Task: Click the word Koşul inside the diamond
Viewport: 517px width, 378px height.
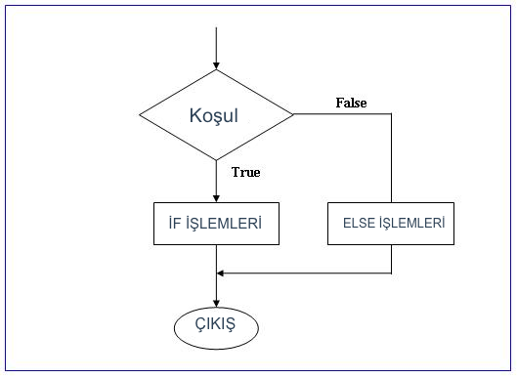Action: [x=213, y=115]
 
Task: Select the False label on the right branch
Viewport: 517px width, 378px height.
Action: [x=351, y=103]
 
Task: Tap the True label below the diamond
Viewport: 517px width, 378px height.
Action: [x=245, y=173]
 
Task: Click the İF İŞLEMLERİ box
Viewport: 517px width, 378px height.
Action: [x=216, y=223]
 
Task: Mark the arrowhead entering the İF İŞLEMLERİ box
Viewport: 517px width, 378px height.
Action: [x=216, y=196]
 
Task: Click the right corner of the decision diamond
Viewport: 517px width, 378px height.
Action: [x=293, y=115]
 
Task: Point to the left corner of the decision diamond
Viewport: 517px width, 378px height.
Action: [x=140, y=115]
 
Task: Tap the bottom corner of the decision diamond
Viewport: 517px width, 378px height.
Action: [x=216, y=161]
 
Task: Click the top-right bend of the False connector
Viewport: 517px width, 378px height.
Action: [x=392, y=115]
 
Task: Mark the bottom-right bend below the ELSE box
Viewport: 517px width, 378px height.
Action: [x=392, y=273]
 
